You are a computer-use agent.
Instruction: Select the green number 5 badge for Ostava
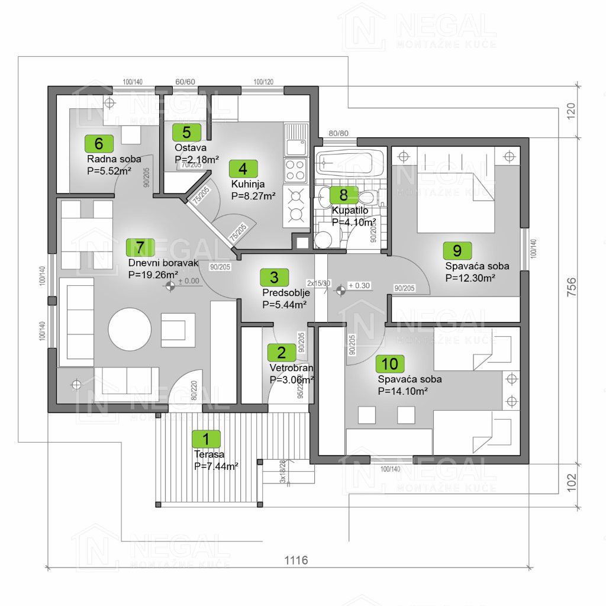[186, 132]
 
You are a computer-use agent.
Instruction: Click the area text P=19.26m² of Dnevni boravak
[153, 275]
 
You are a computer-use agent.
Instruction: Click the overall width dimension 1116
[296, 560]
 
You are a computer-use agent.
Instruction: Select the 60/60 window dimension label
[185, 82]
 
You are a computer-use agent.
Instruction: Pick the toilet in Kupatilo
[366, 196]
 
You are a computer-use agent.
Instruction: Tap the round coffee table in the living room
[129, 328]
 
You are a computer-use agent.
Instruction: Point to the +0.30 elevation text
[359, 285]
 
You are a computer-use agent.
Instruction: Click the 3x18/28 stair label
[283, 472]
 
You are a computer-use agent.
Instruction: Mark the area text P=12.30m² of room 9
[470, 277]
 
